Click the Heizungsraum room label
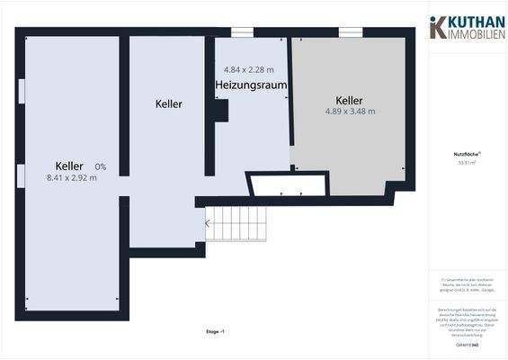[x=251, y=85]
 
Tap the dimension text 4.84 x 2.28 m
[x=249, y=69]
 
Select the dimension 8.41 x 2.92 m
[x=72, y=178]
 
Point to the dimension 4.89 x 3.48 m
[x=350, y=112]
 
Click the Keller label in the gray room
[x=349, y=100]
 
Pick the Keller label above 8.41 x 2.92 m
[x=69, y=166]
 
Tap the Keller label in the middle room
[x=168, y=104]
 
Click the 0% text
[x=100, y=166]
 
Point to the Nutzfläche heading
[x=467, y=154]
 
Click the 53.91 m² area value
[x=467, y=163]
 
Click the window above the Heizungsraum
[x=241, y=33]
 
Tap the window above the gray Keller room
[x=350, y=33]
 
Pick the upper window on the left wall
[x=21, y=92]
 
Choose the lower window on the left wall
[x=21, y=175]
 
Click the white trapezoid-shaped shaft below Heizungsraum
[x=286, y=185]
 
